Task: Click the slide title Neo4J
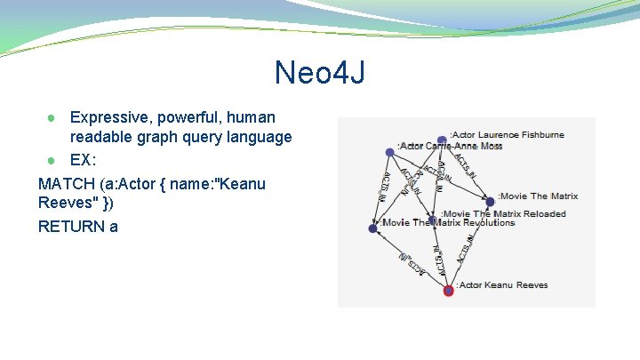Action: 320,72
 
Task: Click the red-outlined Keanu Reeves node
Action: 449,290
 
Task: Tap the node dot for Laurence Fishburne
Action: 443,140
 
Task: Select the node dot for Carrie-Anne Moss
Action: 389,152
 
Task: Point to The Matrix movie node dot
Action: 490,202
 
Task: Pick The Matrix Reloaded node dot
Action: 432,220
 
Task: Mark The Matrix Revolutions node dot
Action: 373,228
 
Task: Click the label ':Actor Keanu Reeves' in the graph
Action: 502,285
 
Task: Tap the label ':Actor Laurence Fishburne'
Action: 508,135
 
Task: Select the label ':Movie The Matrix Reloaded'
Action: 503,214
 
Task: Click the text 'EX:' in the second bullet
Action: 84,161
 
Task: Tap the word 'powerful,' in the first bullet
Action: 188,116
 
